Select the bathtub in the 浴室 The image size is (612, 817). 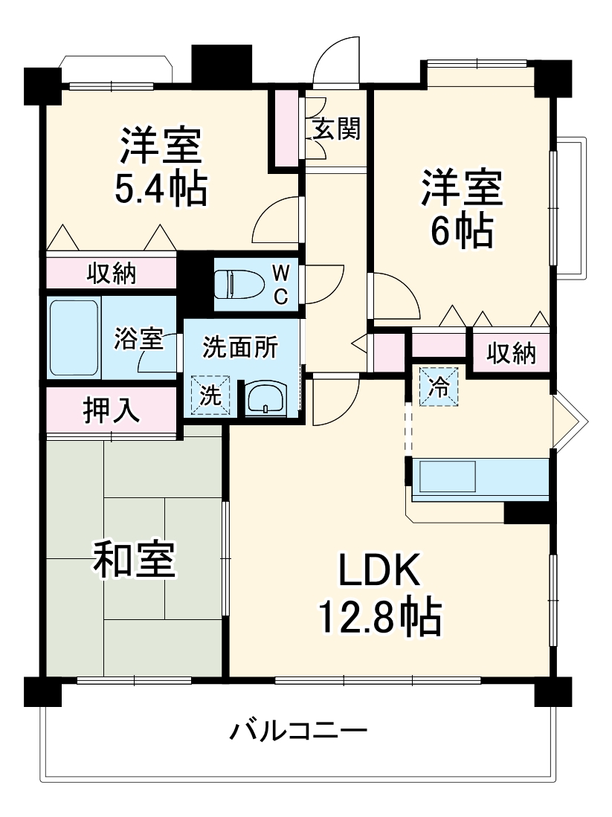pyautogui.click(x=74, y=338)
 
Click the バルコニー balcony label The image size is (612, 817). pyautogui.click(x=297, y=732)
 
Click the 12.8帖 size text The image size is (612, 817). pyautogui.click(x=380, y=616)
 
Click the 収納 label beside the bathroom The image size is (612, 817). pyautogui.click(x=112, y=274)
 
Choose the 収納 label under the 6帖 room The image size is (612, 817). pyautogui.click(x=511, y=355)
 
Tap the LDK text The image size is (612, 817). pyautogui.click(x=380, y=571)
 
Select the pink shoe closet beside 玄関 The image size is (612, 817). pyautogui.click(x=286, y=128)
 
